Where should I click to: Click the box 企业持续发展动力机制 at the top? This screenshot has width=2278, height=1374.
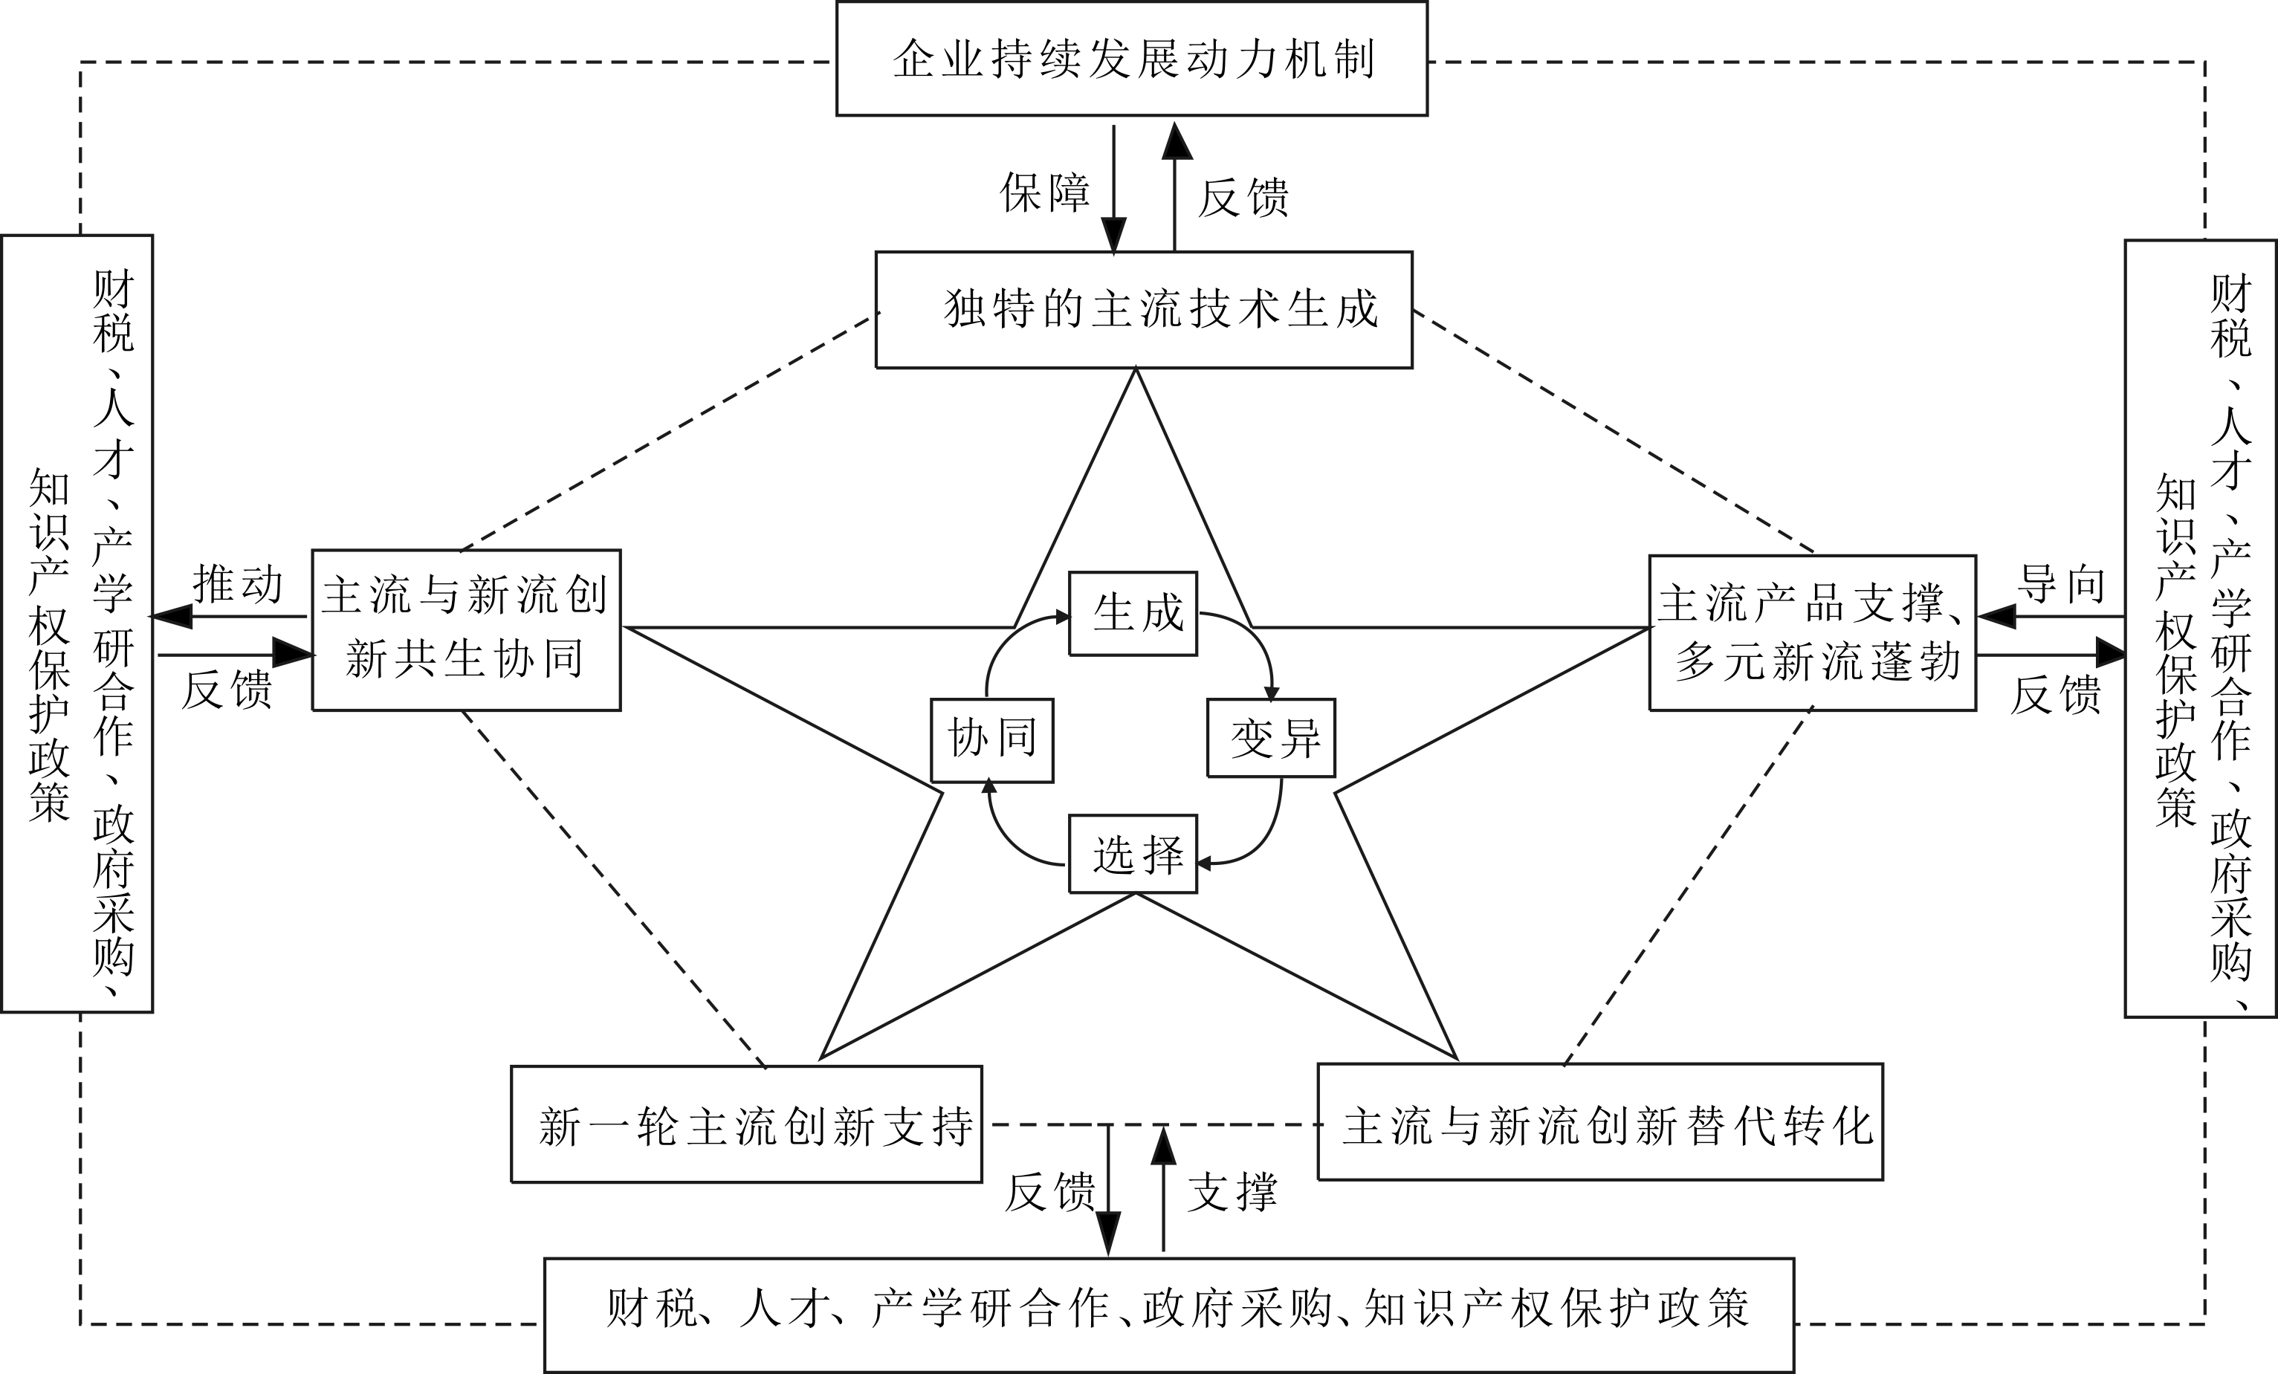click(x=1132, y=58)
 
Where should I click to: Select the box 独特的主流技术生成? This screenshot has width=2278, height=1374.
click(x=1144, y=310)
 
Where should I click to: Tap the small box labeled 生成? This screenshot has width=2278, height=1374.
click(x=1133, y=613)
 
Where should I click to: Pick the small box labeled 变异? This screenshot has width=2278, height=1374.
click(x=1271, y=738)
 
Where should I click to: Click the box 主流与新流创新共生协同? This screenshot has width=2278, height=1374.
click(x=466, y=629)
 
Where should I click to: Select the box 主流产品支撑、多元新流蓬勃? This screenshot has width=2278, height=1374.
click(x=1813, y=632)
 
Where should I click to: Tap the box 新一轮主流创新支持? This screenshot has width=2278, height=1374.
click(x=747, y=1124)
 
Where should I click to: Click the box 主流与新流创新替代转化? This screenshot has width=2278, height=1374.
click(x=1600, y=1123)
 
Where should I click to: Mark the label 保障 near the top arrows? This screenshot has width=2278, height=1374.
click(x=1045, y=192)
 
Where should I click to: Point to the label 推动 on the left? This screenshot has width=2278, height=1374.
click(x=238, y=584)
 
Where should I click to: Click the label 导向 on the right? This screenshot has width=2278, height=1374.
click(x=2061, y=584)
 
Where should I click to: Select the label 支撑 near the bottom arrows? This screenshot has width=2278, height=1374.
click(x=1232, y=1193)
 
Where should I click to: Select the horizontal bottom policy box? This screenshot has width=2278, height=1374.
click(x=1168, y=1315)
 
